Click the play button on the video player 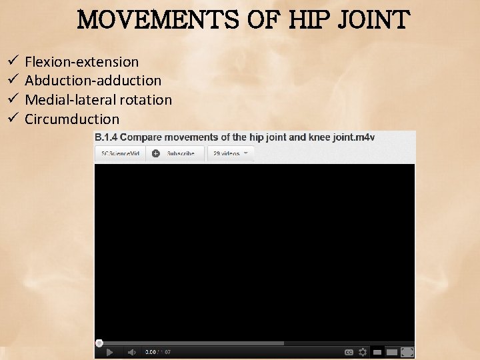110,352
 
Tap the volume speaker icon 131,352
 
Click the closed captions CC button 349,352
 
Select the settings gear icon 363,352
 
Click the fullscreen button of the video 407,352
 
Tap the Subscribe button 174,153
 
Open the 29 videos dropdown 230,153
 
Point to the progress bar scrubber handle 99,343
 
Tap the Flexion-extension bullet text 81,62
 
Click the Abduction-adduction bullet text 93,81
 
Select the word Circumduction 72,119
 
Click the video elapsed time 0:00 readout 151,352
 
